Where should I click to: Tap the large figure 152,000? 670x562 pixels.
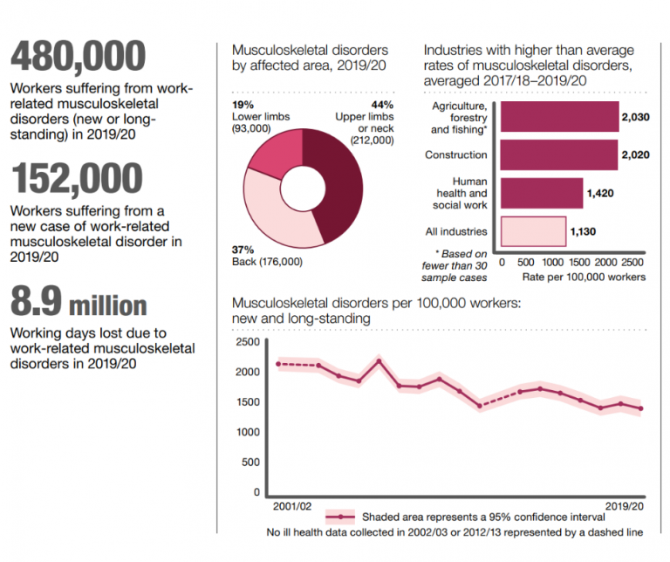point(76,178)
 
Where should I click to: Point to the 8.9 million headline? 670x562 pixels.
point(79,305)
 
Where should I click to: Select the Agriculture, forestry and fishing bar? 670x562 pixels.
point(559,116)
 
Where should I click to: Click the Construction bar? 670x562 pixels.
point(559,154)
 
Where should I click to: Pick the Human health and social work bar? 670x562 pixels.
point(541,194)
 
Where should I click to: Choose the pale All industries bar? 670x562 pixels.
point(532,231)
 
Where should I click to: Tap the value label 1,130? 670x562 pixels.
point(584,231)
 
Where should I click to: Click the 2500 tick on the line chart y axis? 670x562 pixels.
point(248,341)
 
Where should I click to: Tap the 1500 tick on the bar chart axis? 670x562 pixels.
point(578,261)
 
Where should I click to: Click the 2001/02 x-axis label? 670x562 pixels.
point(291,506)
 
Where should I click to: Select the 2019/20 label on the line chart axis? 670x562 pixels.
point(626,506)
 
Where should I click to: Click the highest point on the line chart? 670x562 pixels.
point(379,360)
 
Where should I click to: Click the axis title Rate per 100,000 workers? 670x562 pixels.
point(583,277)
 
